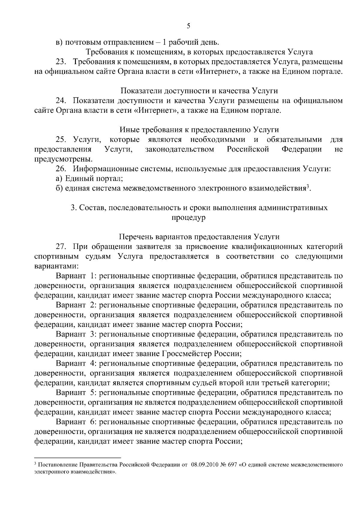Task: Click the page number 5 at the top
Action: (188, 26)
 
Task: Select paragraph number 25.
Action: (61, 139)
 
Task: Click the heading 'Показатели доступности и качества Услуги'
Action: (199, 91)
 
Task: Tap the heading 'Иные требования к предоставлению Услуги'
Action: (199, 130)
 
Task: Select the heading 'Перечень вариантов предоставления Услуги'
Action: (199, 237)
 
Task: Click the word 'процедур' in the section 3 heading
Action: (188, 217)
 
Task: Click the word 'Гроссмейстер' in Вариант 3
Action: (187, 354)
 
